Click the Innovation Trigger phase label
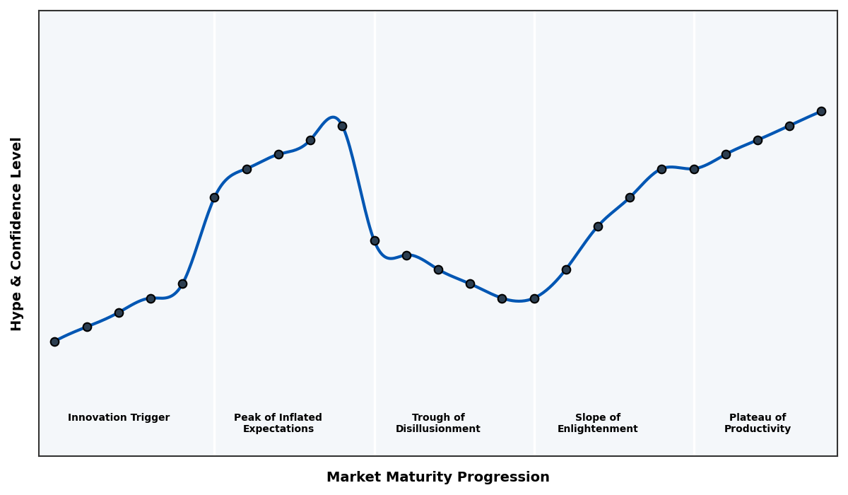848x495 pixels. coord(119,418)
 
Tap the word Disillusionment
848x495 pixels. coord(438,429)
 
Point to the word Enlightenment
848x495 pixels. coord(598,429)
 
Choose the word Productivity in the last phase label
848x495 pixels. coord(758,429)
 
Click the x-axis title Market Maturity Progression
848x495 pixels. coord(438,477)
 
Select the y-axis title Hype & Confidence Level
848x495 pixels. coord(17,233)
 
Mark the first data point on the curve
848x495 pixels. coord(54,342)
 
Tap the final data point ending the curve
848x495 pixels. coord(821,111)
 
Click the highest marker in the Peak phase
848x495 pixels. coord(342,126)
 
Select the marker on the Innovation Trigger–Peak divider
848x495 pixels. coord(214,197)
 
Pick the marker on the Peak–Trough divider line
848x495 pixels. coord(375,240)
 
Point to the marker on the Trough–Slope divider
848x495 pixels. coord(534,298)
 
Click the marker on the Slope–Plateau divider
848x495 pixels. coord(694,169)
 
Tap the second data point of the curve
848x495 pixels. coord(87,327)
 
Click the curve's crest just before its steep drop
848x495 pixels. coord(332,117)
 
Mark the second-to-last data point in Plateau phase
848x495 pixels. coord(789,126)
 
